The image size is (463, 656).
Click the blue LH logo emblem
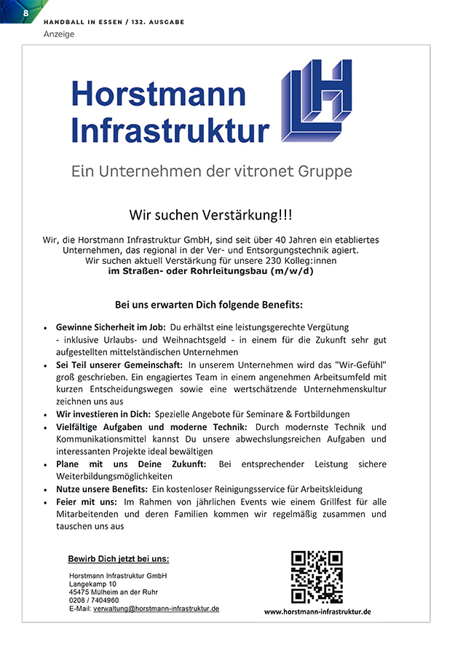(x=316, y=100)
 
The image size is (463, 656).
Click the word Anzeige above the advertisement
(x=59, y=34)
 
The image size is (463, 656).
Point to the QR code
(x=317, y=577)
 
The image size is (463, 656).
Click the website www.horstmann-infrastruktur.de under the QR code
(x=317, y=612)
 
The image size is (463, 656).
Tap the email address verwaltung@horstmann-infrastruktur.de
(x=156, y=608)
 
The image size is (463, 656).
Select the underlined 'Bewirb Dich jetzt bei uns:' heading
(x=119, y=559)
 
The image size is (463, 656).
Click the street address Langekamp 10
(x=92, y=584)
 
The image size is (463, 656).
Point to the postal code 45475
(x=79, y=592)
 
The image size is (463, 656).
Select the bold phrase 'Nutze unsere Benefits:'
(x=101, y=489)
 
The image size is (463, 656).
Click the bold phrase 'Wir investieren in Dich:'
(x=103, y=413)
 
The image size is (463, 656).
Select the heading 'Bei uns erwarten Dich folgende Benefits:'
(x=209, y=304)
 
